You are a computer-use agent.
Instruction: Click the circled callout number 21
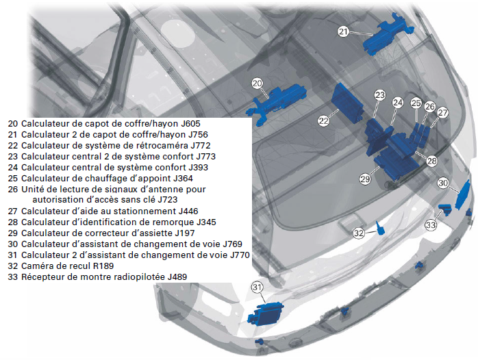tap(344, 31)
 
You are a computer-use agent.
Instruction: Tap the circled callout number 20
tap(257, 83)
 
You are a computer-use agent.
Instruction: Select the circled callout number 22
tap(323, 120)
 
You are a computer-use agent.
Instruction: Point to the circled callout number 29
tap(365, 179)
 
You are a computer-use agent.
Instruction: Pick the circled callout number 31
tap(257, 287)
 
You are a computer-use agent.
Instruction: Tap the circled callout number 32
tap(359, 233)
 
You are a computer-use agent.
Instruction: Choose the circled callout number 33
tap(431, 224)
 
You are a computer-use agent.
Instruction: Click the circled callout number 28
tap(431, 161)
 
